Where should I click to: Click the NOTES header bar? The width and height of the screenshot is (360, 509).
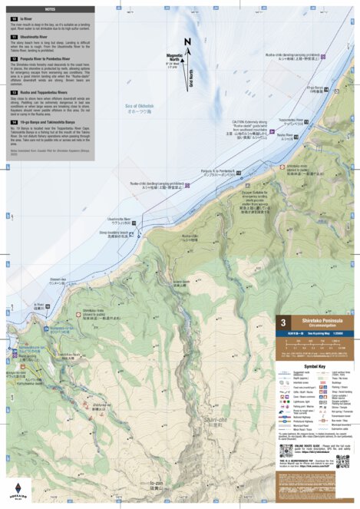(51, 8)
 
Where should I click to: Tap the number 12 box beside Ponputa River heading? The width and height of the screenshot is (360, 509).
(14, 58)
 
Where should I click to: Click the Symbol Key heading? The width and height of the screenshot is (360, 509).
(305, 367)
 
